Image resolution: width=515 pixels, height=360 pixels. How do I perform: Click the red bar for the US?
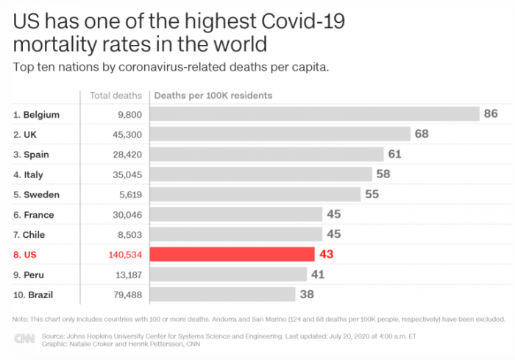232,254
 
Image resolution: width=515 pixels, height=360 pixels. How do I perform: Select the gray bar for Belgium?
315,114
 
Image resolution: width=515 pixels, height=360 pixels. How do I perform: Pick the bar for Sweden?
255,194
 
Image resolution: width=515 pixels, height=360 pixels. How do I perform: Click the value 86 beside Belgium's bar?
491,114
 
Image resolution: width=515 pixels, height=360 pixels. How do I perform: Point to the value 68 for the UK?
422,134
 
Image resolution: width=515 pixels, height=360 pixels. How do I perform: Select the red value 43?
327,254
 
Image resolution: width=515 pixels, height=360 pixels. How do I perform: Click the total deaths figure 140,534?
121,254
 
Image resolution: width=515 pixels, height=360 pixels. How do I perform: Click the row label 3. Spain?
34,155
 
